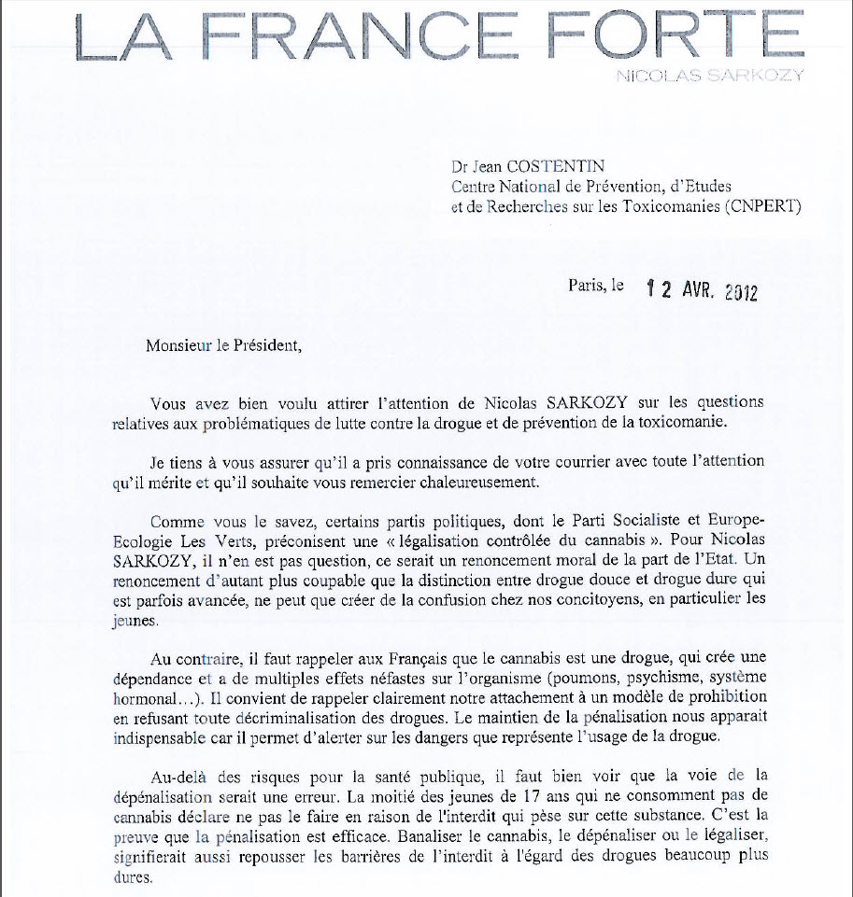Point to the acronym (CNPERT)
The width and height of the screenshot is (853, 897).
click(x=761, y=206)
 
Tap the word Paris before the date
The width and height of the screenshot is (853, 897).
click(x=586, y=287)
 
